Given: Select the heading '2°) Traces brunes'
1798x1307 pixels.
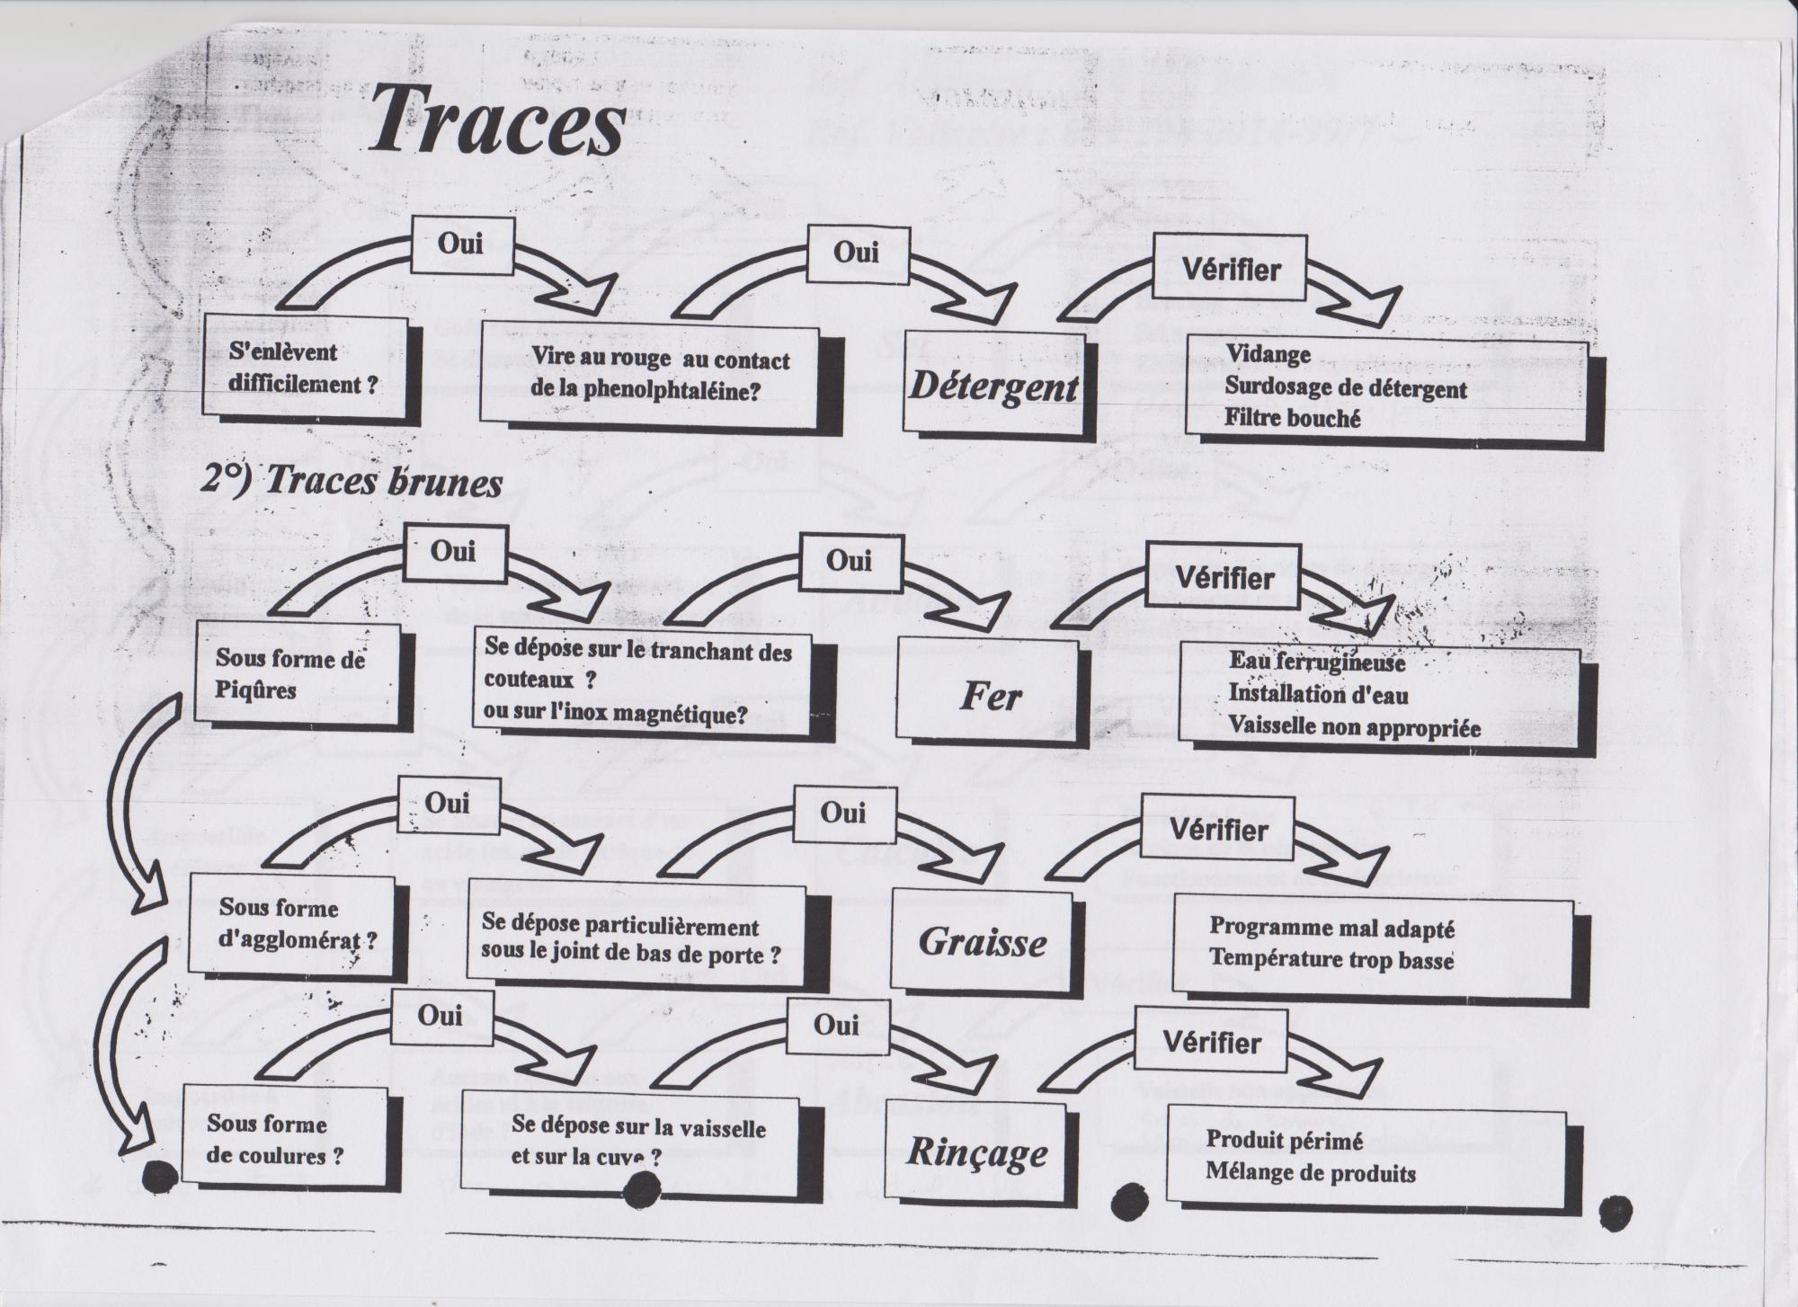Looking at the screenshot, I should point(351,483).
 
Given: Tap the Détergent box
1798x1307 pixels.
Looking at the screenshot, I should point(993,387).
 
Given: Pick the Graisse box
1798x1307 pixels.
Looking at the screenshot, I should point(983,942).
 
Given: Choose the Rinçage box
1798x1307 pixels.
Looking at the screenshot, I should point(977,1152).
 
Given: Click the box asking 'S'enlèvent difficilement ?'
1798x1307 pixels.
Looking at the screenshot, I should point(303,368).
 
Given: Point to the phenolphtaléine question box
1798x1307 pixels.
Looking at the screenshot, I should point(659,375).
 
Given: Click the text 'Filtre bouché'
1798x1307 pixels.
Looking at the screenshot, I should point(1292,418).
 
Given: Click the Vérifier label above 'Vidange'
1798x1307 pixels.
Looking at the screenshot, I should point(1231,269).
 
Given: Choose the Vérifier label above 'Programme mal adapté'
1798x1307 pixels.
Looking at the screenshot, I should point(1218,830).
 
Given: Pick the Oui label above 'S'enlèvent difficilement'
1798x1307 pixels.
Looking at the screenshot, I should point(460,244).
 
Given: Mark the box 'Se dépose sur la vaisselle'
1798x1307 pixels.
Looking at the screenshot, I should point(638,1141).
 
